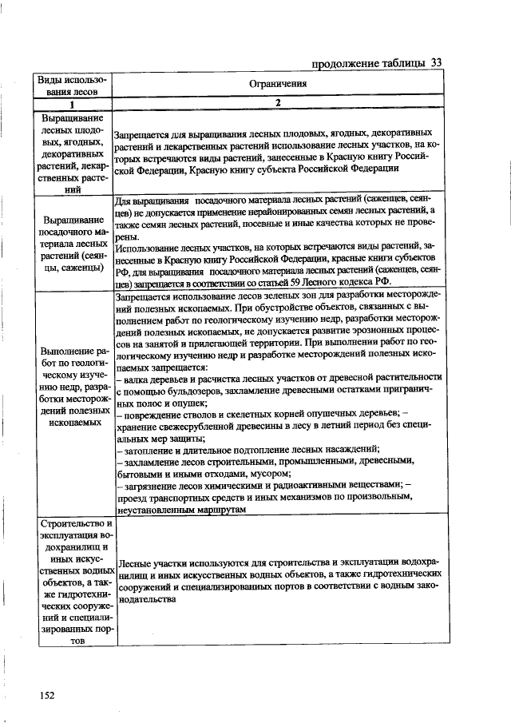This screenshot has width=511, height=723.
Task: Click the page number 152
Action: pyautogui.click(x=46, y=695)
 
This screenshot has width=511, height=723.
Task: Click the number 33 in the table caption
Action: pyautogui.click(x=436, y=63)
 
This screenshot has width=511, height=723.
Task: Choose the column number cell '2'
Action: pyautogui.click(x=278, y=103)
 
